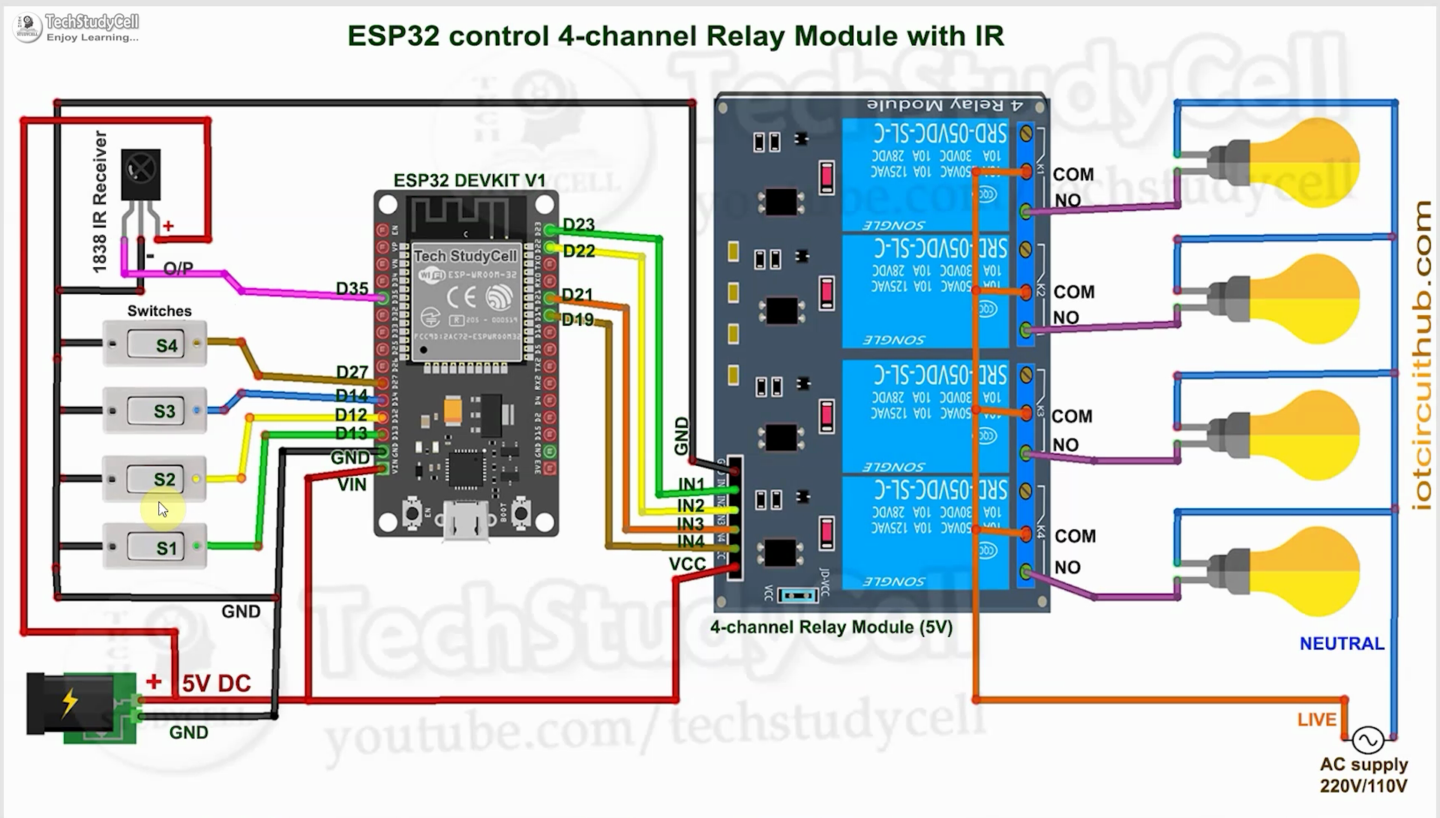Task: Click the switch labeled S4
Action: click(x=154, y=344)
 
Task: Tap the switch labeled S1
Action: click(x=154, y=547)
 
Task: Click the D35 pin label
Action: click(x=352, y=289)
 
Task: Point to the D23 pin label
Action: click(x=578, y=224)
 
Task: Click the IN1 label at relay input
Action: click(x=691, y=484)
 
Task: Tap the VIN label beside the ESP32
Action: click(x=352, y=485)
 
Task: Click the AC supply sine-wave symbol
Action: click(x=1367, y=741)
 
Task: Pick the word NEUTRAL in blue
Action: click(x=1342, y=644)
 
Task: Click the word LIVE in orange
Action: click(x=1317, y=720)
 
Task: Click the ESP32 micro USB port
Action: click(x=466, y=519)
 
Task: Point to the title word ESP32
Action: click(x=393, y=36)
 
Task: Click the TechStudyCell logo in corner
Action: click(x=28, y=28)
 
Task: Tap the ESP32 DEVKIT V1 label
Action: click(x=469, y=180)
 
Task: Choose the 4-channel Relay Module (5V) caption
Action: click(x=831, y=627)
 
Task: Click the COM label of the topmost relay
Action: click(x=1073, y=174)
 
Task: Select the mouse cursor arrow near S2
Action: click(x=163, y=510)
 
